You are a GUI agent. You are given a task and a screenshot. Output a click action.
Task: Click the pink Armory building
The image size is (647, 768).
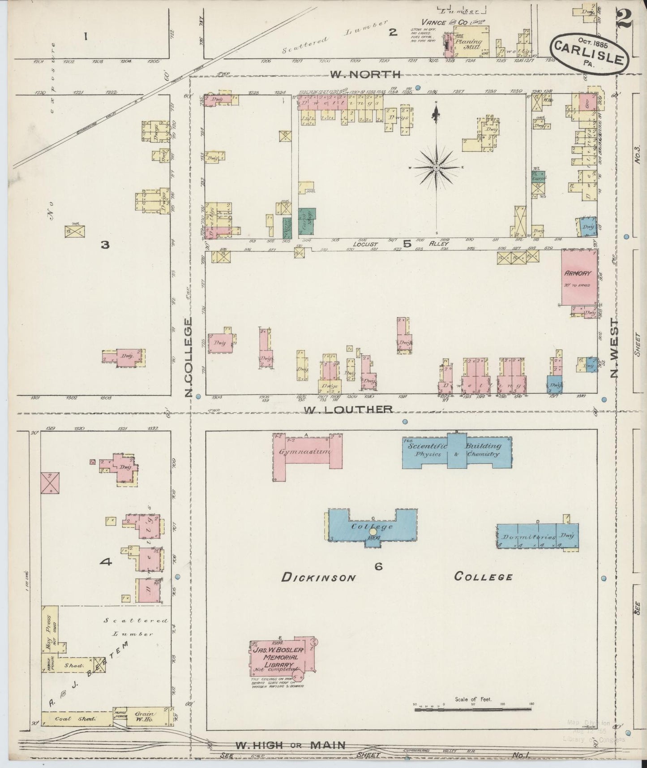pos(579,278)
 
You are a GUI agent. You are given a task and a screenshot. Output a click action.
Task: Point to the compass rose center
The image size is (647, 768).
pos(436,168)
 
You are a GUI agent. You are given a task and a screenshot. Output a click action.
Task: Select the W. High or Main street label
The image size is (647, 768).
pos(290,745)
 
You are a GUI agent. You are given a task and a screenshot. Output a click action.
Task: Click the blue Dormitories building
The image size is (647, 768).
pos(537,536)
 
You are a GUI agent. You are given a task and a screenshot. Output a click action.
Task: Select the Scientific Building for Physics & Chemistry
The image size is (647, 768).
pos(457,450)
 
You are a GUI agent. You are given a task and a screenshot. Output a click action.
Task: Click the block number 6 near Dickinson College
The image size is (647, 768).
pos(378,567)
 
